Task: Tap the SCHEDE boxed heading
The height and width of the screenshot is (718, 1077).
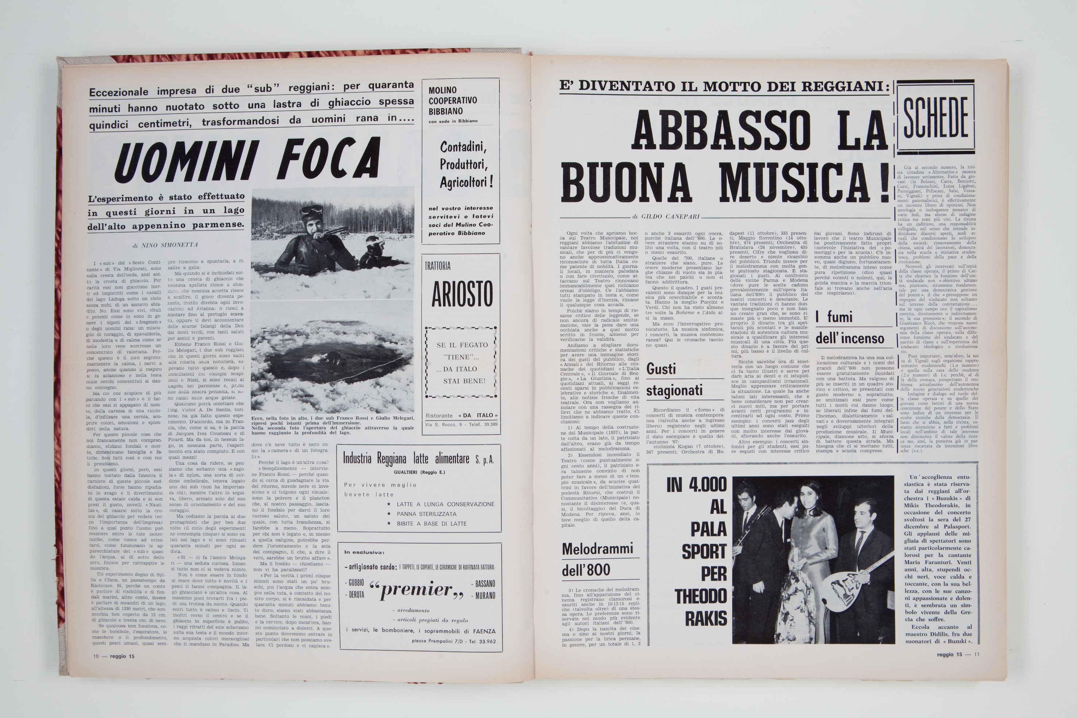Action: [935, 117]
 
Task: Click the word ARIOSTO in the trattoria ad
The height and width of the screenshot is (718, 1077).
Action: [462, 294]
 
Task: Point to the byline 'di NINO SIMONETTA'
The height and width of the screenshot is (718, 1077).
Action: [165, 245]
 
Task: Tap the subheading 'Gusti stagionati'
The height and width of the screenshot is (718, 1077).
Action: [673, 380]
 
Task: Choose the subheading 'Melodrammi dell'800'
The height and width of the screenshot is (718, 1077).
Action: [597, 560]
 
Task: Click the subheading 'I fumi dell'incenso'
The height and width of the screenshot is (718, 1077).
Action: [849, 328]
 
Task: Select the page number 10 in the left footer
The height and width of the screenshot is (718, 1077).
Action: [96, 656]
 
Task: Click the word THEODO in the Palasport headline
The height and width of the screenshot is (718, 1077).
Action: [701, 596]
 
